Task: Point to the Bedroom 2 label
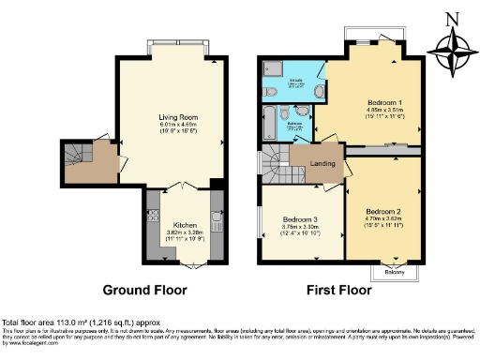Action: [x=384, y=212]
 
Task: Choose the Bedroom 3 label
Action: [x=303, y=221]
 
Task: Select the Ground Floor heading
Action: [x=144, y=290]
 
